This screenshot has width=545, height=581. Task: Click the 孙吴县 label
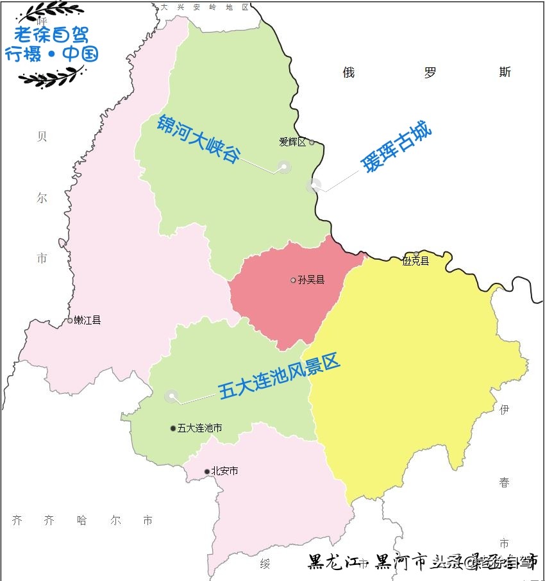pyautogui.click(x=311, y=280)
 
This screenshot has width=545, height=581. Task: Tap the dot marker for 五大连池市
pyautogui.click(x=172, y=428)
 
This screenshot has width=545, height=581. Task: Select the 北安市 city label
pyautogui.click(x=224, y=471)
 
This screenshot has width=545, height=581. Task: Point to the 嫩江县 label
pyautogui.click(x=87, y=320)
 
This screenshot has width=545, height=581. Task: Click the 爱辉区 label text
pyautogui.click(x=292, y=142)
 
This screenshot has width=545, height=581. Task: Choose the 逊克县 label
pyautogui.click(x=415, y=261)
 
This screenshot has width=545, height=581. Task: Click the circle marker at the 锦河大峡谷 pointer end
pyautogui.click(x=283, y=167)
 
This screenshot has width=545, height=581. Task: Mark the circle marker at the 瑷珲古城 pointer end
pyautogui.click(x=313, y=186)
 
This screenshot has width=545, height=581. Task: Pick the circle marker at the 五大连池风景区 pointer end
pyautogui.click(x=171, y=396)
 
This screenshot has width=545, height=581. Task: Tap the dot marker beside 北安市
pyautogui.click(x=206, y=472)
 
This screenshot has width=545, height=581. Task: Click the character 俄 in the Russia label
pyautogui.click(x=348, y=72)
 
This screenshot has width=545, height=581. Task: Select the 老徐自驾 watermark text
pyautogui.click(x=52, y=33)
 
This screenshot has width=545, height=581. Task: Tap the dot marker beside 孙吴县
pyautogui.click(x=293, y=280)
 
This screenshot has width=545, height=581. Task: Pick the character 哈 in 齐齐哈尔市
pyautogui.click(x=81, y=520)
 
